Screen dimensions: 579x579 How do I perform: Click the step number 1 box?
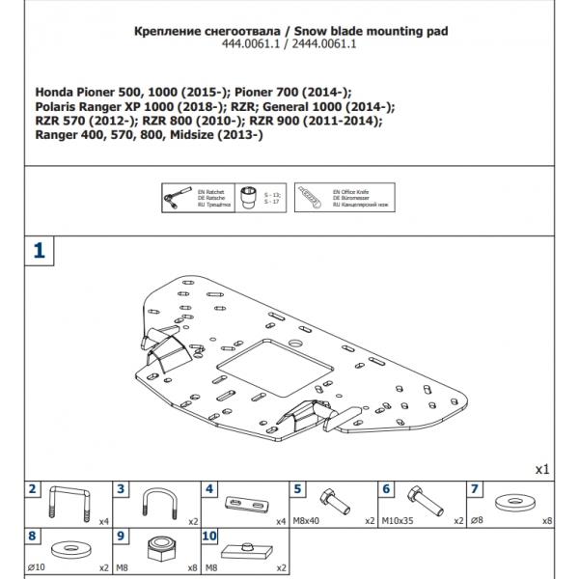38,250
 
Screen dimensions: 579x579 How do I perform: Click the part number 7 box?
476,489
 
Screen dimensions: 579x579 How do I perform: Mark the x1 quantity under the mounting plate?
541,469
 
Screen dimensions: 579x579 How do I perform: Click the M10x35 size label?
394,520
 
